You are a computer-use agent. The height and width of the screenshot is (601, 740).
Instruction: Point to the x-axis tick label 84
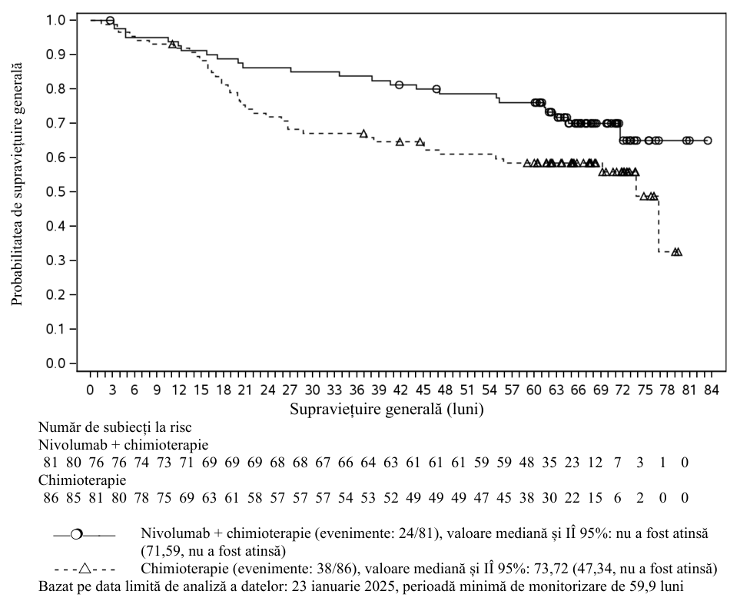coord(712,390)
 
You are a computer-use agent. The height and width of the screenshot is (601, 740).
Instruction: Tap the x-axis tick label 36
coord(357,390)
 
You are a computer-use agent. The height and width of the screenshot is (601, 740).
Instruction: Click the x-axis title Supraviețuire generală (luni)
coord(387,409)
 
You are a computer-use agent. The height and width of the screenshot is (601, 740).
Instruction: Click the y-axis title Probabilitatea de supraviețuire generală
coord(17,184)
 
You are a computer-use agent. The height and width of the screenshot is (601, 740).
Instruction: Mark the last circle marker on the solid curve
coord(708,141)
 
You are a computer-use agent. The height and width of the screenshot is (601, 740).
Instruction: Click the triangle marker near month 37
coord(363,134)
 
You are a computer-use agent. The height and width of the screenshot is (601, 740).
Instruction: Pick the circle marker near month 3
coord(110,20)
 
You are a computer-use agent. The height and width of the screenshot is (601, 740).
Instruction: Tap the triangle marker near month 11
coord(173,44)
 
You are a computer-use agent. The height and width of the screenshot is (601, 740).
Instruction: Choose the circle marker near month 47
coord(436,88)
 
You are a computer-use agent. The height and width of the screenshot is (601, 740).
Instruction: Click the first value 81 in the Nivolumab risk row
coord(51,462)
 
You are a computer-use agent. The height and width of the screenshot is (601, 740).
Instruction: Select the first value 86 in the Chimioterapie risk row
coord(51,497)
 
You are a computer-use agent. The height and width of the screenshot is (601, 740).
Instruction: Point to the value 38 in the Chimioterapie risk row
coord(526,497)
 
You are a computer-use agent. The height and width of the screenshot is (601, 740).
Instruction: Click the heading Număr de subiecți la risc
coord(115,427)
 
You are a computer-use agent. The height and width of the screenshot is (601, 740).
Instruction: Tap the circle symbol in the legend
coord(76,534)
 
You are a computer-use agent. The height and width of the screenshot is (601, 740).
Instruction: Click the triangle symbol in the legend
coord(85,568)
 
